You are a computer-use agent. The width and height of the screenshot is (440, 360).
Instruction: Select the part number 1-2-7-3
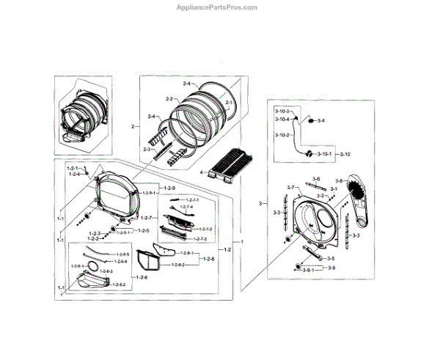click(x=200, y=239)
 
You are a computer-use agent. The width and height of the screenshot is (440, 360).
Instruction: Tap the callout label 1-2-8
click(x=208, y=259)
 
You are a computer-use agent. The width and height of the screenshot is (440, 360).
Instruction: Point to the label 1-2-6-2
click(x=117, y=284)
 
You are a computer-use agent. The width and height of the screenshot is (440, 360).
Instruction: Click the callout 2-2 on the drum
click(x=169, y=99)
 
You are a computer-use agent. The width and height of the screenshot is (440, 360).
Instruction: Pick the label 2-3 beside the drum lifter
click(x=147, y=150)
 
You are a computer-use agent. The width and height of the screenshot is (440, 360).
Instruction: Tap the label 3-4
click(x=321, y=120)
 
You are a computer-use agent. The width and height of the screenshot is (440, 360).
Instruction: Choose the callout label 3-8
click(x=339, y=180)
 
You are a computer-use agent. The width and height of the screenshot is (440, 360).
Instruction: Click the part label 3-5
click(x=331, y=258)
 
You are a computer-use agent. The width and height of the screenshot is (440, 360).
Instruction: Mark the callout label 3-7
click(x=290, y=188)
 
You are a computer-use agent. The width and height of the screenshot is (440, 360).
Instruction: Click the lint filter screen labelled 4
click(x=228, y=165)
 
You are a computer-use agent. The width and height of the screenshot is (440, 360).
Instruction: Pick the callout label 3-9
click(x=331, y=268)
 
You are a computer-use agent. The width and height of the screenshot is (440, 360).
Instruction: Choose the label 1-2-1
click(x=72, y=168)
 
